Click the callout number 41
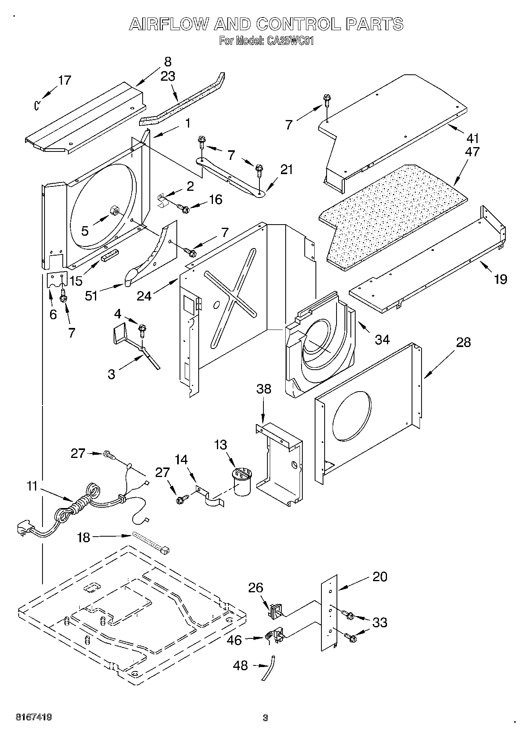point(473,138)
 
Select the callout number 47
point(473,151)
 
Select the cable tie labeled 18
point(151,542)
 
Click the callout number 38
point(264,389)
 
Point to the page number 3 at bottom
point(265,718)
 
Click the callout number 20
point(380,576)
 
